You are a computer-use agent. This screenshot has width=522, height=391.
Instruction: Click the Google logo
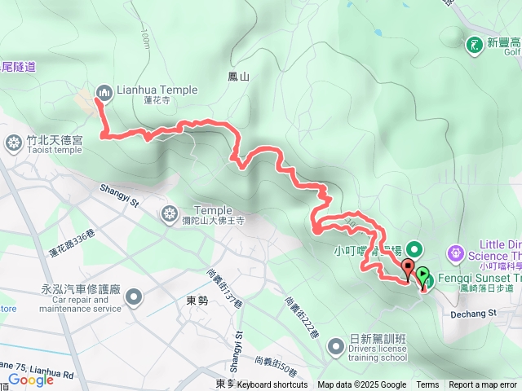coord(30,379)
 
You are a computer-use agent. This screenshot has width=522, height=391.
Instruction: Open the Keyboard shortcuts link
coord(272,385)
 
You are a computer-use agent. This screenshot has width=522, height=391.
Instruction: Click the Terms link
coord(427,385)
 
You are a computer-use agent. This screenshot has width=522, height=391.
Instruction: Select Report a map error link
coord(483,385)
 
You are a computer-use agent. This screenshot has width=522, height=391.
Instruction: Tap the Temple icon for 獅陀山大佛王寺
coord(170,214)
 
